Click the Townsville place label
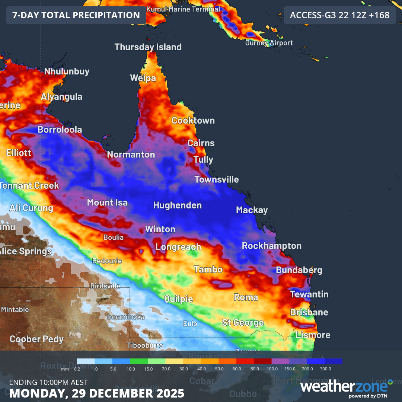(x=217, y=179)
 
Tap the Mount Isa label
(x=107, y=202)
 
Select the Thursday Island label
(x=148, y=47)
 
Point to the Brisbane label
(x=309, y=312)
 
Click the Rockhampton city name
(x=271, y=246)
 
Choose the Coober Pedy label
(x=36, y=339)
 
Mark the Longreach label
(x=178, y=247)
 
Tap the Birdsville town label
(x=105, y=286)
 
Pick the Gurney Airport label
(x=269, y=43)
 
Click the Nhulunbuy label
(x=67, y=71)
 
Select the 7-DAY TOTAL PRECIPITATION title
(x=76, y=15)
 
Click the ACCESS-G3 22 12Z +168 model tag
(x=339, y=15)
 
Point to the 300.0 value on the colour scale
(x=325, y=368)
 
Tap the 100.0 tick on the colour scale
(x=272, y=368)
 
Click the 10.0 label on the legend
(x=131, y=368)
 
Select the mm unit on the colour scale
(x=65, y=368)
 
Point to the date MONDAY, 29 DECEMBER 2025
(x=96, y=393)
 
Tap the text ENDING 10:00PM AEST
(x=48, y=382)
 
